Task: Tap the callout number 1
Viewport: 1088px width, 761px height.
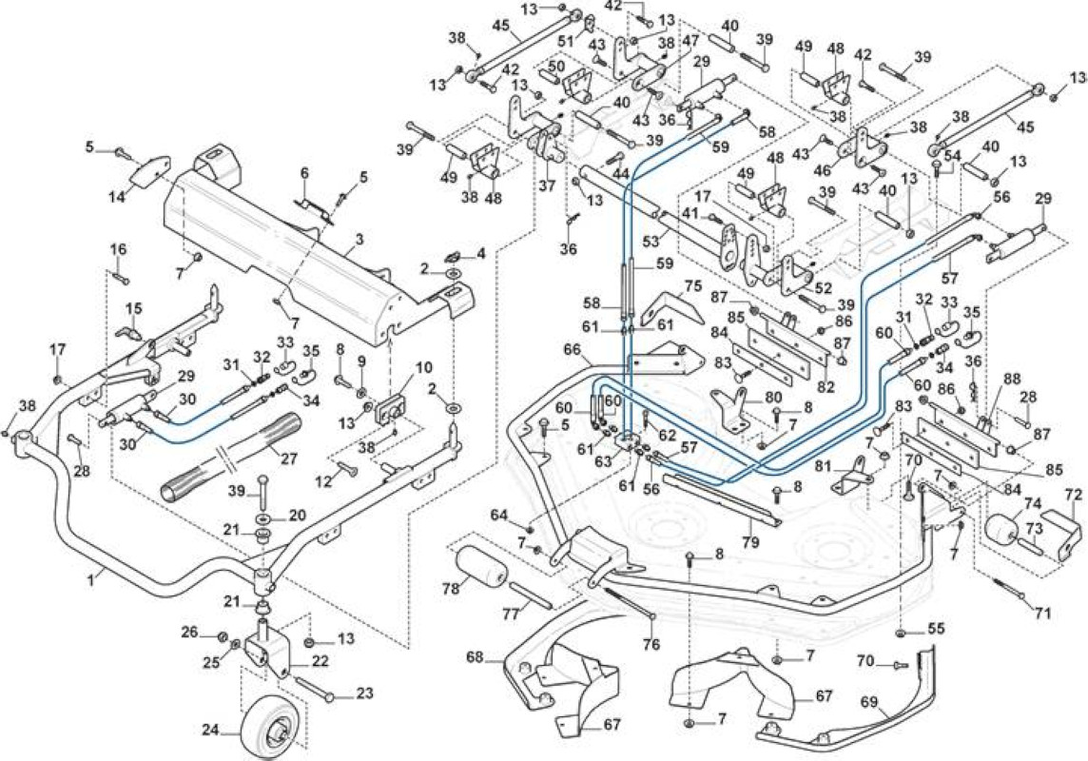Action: pyautogui.click(x=91, y=577)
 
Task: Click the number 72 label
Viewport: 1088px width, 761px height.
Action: pyautogui.click(x=1073, y=495)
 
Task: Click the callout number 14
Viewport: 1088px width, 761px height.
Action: pyautogui.click(x=117, y=197)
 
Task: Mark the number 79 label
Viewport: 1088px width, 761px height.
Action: pyautogui.click(x=750, y=540)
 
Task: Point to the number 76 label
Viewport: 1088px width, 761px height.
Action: pyautogui.click(x=651, y=644)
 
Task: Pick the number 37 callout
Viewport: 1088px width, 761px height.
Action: pyautogui.click(x=547, y=185)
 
